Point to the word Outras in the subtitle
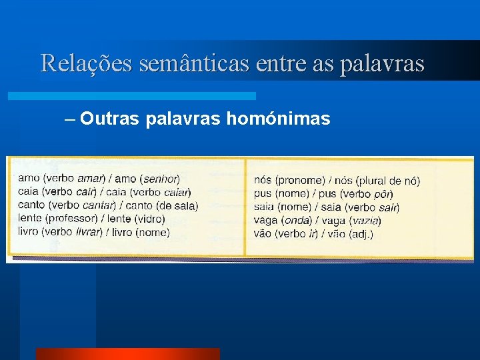109,119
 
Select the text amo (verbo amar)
61,178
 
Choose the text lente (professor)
58,219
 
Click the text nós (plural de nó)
377,180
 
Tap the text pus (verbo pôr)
357,193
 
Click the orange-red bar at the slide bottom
127,353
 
